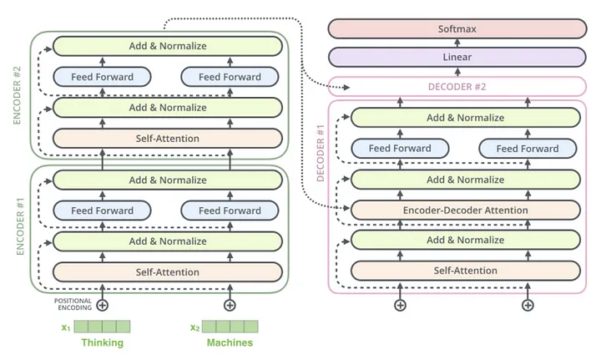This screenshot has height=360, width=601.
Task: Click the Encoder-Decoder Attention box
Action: (x=466, y=210)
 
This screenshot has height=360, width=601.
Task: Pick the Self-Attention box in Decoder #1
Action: (x=466, y=271)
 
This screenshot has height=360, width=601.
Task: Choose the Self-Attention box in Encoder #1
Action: (x=168, y=272)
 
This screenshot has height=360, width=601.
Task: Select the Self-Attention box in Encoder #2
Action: (x=168, y=138)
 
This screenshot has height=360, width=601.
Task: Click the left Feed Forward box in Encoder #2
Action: (x=102, y=77)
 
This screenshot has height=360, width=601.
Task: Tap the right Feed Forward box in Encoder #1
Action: (x=230, y=210)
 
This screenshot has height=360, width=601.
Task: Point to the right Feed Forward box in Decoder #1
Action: (x=528, y=149)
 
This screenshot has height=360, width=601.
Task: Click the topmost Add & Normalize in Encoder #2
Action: (x=168, y=46)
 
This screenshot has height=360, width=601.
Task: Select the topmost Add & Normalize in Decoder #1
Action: (x=466, y=118)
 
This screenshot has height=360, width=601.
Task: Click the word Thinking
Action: (x=102, y=342)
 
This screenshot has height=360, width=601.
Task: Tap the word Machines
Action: (x=230, y=342)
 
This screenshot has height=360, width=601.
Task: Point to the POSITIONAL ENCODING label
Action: (x=73, y=304)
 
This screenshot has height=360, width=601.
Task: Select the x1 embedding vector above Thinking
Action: (x=102, y=327)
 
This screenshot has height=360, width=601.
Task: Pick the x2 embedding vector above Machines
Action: (x=230, y=327)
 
